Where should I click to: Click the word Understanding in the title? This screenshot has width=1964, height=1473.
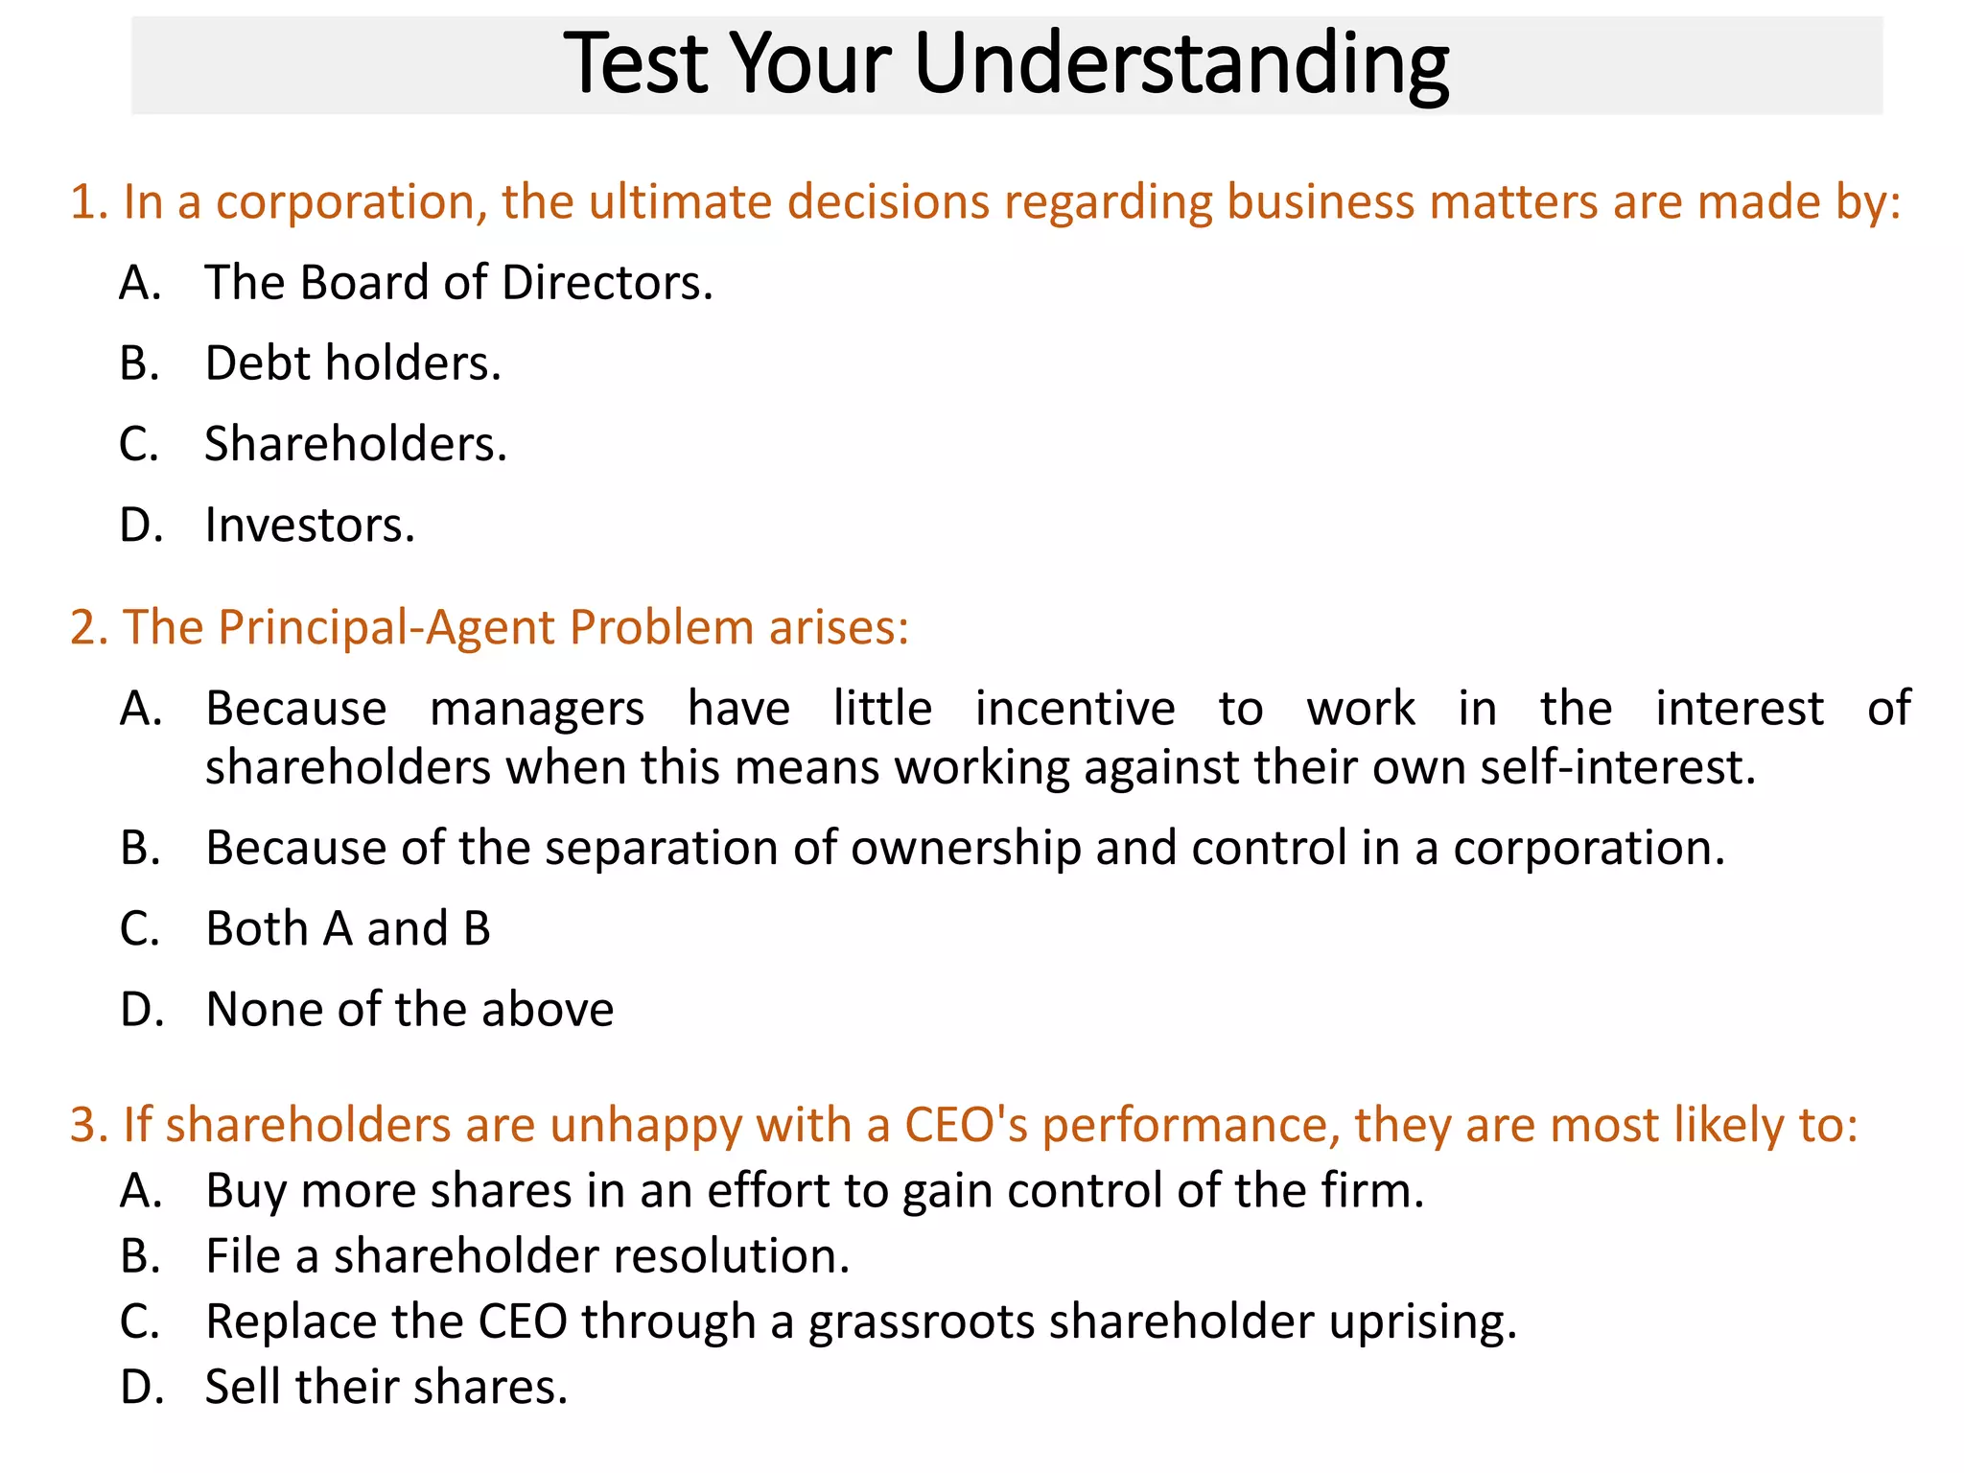(1181, 65)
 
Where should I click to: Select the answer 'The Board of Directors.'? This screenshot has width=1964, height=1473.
(458, 283)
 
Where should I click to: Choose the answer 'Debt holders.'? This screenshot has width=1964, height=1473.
(353, 363)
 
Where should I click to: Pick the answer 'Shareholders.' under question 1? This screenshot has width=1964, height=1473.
(356, 444)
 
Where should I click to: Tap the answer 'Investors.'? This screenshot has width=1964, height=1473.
(310, 525)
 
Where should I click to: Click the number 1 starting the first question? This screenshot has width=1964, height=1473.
(83, 202)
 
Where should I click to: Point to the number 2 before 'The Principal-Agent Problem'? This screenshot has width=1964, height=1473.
(84, 628)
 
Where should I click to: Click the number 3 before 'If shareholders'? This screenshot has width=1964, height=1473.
(84, 1125)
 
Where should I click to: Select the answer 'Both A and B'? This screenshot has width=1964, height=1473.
(348, 928)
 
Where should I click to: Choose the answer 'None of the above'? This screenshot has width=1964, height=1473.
(409, 1009)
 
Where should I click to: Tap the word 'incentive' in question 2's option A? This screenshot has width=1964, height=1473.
(1075, 709)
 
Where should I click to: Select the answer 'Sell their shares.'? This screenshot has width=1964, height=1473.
(386, 1387)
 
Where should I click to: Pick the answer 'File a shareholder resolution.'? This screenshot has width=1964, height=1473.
(527, 1256)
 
